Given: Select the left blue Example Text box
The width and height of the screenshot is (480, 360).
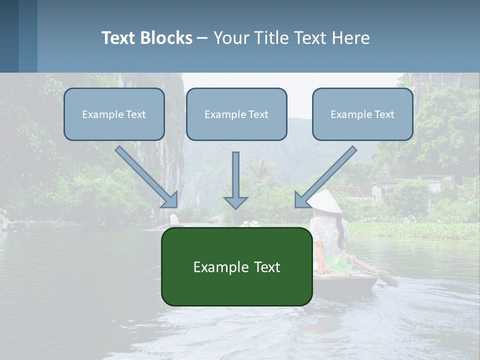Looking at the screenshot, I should point(114,114).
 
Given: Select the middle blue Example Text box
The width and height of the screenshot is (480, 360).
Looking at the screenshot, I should point(236,114).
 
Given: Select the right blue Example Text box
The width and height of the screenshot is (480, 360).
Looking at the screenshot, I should point(362,114).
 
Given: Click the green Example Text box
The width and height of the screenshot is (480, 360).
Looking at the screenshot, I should point(236,266).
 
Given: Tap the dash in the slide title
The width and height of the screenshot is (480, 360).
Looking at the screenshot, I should point(202,38).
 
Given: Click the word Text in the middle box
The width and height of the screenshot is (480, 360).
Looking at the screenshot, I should point(258,114).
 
